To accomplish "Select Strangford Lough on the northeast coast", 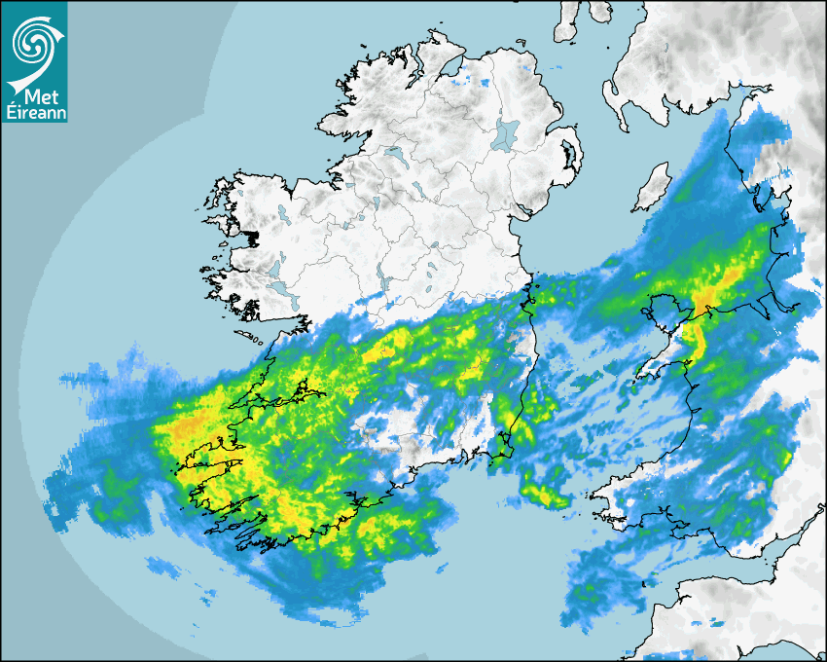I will click(x=570, y=154).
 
